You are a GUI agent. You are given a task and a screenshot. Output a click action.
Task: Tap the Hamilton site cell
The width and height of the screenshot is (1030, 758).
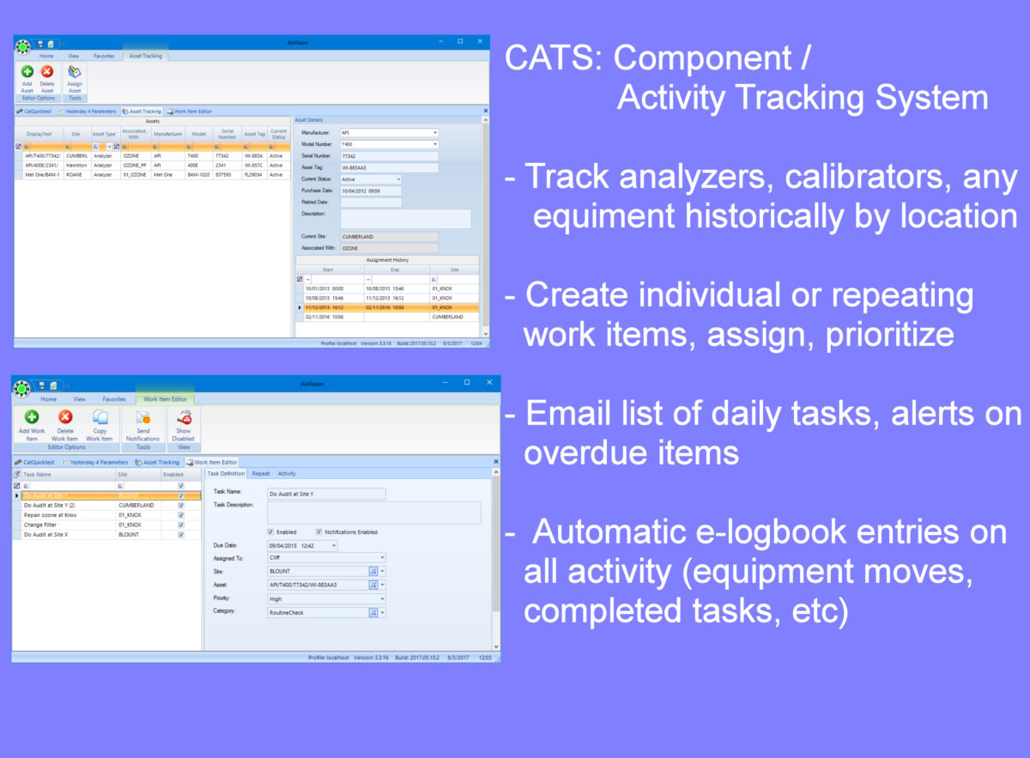(x=76, y=166)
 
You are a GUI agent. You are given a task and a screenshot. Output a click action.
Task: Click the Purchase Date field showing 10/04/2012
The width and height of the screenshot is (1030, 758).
(x=371, y=191)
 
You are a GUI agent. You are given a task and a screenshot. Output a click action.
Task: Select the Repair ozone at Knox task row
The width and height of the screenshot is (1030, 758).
(x=48, y=515)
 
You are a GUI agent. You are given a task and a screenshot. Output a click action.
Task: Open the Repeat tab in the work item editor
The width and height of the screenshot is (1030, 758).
(x=261, y=473)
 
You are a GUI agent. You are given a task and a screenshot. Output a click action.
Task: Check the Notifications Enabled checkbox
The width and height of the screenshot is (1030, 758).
(x=318, y=532)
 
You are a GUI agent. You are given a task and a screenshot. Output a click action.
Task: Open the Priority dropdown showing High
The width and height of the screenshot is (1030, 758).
(x=326, y=599)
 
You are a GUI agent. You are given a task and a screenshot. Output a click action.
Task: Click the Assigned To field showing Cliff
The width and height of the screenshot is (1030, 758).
(x=326, y=557)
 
